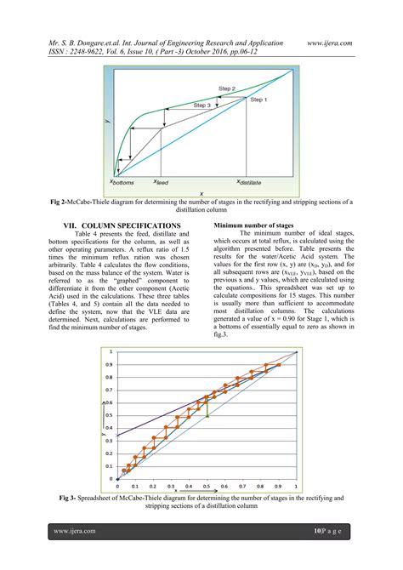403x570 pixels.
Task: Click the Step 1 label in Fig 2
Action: pyautogui.click(x=258, y=99)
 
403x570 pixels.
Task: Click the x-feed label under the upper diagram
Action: pyautogui.click(x=165, y=182)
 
